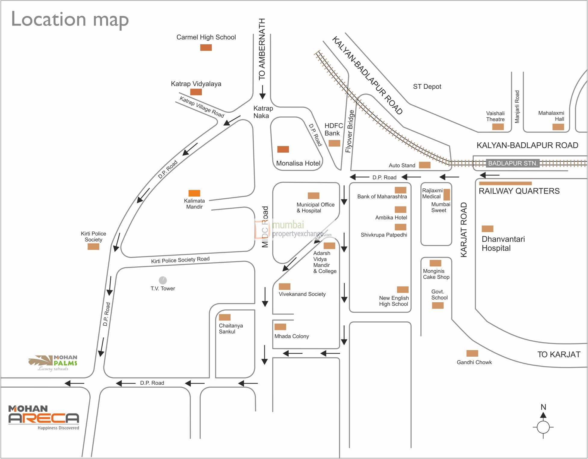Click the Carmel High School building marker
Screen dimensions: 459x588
click(206, 47)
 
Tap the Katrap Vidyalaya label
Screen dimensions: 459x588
click(196, 84)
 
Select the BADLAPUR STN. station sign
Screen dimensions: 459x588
click(512, 163)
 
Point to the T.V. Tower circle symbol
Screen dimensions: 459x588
click(163, 280)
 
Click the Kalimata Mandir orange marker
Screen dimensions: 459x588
click(194, 193)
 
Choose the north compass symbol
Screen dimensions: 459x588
click(543, 423)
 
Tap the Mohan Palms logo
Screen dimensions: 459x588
click(54, 363)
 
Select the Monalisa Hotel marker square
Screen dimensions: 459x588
click(283, 149)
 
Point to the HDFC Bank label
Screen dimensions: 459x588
click(333, 129)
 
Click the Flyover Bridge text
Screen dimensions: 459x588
click(349, 132)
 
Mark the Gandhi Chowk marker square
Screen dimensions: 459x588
click(472, 353)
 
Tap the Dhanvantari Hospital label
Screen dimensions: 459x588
click(503, 243)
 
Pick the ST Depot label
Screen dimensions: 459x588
click(427, 87)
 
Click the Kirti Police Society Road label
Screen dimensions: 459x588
click(180, 260)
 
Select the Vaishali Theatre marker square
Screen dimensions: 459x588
click(498, 127)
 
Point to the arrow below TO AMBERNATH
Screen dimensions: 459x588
click(262, 92)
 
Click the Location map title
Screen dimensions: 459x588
click(70, 19)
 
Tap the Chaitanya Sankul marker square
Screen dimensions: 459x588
click(224, 317)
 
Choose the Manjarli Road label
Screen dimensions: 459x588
click(517, 107)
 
